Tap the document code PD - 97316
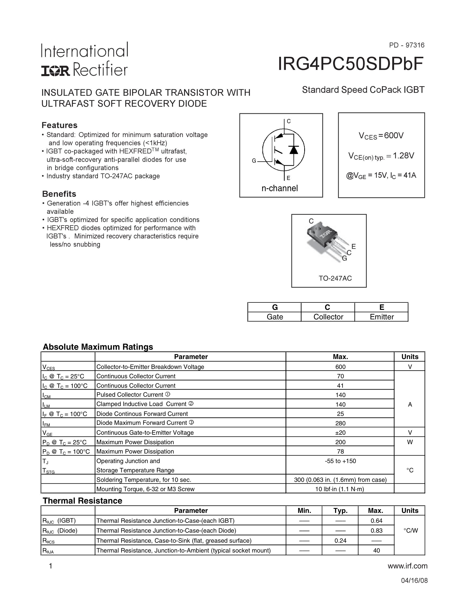coord(407,45)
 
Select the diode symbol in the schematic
coord(293,149)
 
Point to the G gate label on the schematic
coord(254,161)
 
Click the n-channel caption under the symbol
coord(280,188)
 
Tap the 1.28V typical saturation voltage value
coord(403,156)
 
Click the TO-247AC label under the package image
coord(335,278)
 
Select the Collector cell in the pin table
coord(328,317)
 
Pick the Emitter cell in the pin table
coord(382,317)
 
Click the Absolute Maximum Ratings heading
coord(98,347)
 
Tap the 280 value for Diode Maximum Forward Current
coord(340,423)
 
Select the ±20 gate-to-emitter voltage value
coord(340,433)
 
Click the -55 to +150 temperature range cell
coord(340,461)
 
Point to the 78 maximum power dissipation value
coord(340,452)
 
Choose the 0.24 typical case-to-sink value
coord(340,541)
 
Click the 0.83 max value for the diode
coord(376,531)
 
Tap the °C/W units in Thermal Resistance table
coord(410,530)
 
